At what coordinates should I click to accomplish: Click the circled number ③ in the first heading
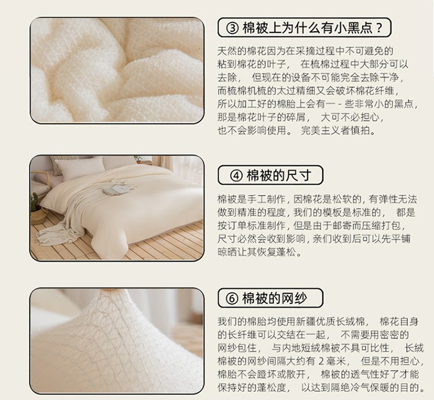pos(232,28)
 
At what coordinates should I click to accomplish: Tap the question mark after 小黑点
pos(380,28)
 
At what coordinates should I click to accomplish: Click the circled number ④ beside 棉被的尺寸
pos(236,175)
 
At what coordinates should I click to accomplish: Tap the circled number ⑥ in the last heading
pos(232,299)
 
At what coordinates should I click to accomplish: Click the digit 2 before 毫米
pos(321,361)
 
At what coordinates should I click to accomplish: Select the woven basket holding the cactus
pos(38,216)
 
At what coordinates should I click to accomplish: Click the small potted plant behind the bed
pos(138,159)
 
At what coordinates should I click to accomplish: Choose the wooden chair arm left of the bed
pos(41,174)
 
